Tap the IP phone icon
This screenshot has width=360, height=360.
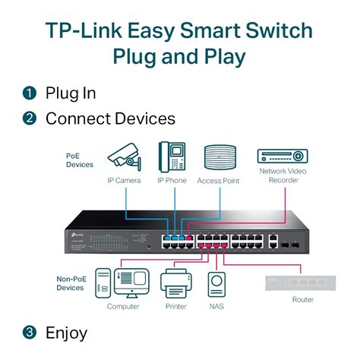(x=172, y=156)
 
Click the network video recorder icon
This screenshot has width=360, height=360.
(x=283, y=156)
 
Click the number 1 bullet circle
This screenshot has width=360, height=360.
(x=30, y=93)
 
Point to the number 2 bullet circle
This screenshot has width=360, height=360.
(x=30, y=118)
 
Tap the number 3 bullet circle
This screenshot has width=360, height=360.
(x=30, y=333)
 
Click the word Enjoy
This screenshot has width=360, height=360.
(x=67, y=333)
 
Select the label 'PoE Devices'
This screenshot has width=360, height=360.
(x=79, y=160)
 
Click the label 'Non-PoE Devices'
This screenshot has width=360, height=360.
(x=72, y=283)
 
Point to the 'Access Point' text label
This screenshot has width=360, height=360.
(x=219, y=181)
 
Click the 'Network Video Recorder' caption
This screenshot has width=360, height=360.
(x=283, y=176)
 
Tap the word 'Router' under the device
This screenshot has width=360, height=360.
(x=302, y=299)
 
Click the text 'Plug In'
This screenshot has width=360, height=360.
(x=71, y=93)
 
